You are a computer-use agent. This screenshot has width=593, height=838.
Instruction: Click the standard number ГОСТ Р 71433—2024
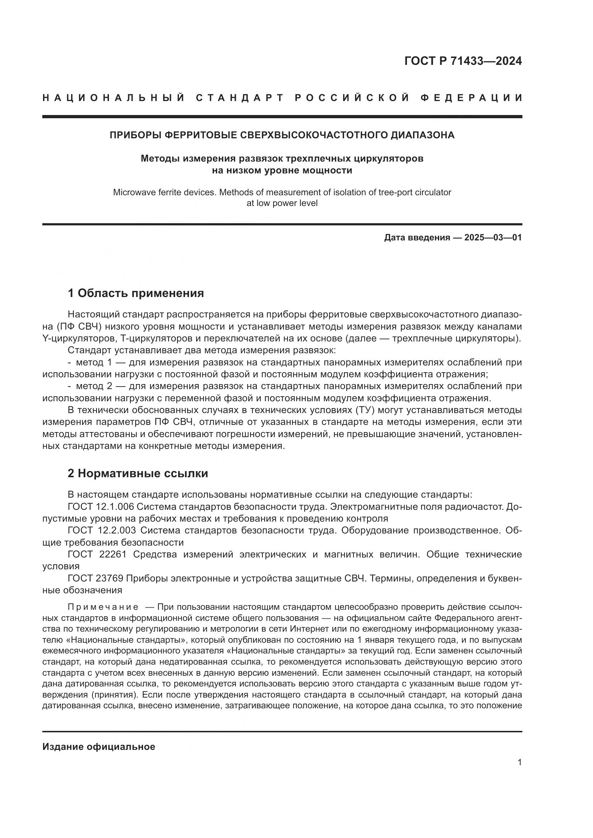point(462,61)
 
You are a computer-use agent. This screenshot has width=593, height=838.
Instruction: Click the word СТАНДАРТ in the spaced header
point(239,98)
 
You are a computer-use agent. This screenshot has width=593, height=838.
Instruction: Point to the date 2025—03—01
point(493,238)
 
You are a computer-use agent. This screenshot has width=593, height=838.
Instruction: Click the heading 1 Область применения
point(136,293)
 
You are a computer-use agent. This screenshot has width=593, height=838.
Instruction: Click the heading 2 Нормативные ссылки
point(138,473)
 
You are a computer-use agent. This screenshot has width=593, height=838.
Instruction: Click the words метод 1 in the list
point(90,363)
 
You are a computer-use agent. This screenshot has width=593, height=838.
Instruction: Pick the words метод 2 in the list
point(90,386)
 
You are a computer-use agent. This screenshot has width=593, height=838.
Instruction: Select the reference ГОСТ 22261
point(97,554)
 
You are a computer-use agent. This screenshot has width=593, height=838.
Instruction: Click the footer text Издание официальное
point(99,747)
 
